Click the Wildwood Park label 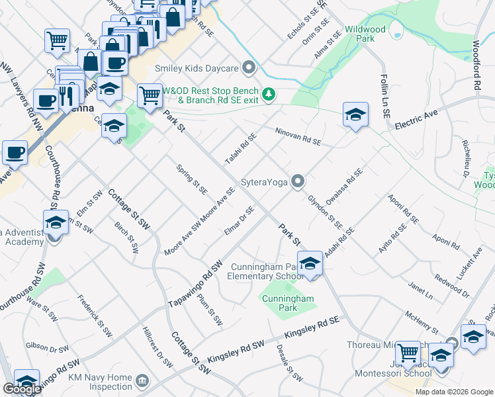click(x=365, y=34)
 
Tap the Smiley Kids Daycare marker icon click(x=249, y=67)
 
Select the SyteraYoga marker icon click(x=298, y=181)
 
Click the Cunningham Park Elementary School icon click(x=310, y=264)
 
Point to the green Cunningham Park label click(x=287, y=303)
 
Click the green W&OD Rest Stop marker click(x=269, y=94)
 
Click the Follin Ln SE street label click(x=384, y=96)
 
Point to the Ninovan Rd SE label click(x=298, y=137)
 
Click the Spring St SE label click(x=192, y=179)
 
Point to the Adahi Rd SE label click(x=339, y=243)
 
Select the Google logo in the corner click(x=22, y=390)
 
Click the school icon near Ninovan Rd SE click(x=355, y=115)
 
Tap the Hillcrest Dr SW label click(x=157, y=347)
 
